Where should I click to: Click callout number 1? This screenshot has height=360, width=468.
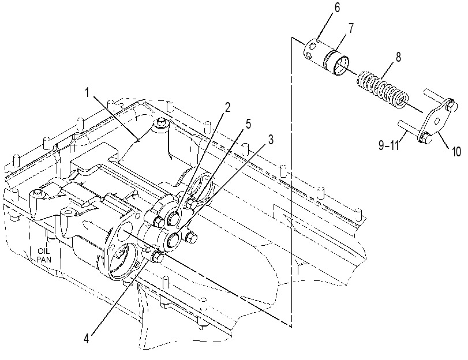(87, 92)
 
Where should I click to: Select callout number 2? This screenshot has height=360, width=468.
(228, 107)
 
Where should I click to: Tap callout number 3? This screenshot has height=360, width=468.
(271, 140)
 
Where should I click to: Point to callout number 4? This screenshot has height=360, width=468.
(86, 339)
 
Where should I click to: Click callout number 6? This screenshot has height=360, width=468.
(337, 7)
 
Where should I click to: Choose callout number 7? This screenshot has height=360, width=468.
(351, 28)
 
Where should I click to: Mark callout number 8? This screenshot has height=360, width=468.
(398, 57)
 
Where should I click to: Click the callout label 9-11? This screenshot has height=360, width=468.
(389, 145)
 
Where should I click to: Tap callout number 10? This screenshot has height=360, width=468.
(456, 152)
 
